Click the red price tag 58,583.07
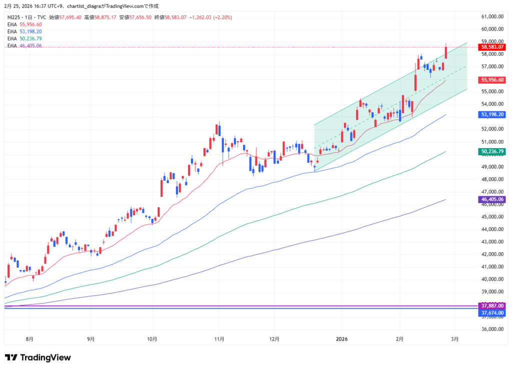(492, 47)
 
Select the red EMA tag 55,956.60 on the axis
(492, 80)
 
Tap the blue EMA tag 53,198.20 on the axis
(492, 114)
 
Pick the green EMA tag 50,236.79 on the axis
(492, 151)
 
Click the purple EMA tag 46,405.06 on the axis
(492, 199)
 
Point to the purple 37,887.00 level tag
(492, 306)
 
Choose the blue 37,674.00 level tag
(492, 313)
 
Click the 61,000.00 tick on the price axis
(492, 16)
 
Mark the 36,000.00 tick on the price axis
(492, 330)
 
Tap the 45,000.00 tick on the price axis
(492, 217)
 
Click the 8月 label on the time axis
(29, 339)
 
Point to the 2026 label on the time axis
(342, 339)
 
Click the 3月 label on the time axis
(454, 339)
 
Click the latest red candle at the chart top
(445, 51)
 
